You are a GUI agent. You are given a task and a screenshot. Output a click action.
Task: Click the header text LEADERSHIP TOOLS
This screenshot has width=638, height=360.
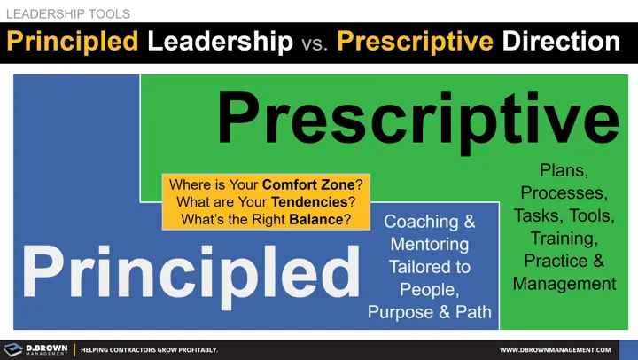(68, 12)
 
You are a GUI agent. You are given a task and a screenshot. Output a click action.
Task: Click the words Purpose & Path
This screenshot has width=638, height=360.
(430, 310)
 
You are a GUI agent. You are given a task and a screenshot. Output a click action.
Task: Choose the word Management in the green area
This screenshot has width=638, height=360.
(564, 284)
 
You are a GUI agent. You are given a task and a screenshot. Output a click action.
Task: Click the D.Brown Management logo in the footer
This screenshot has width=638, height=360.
(35, 349)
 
